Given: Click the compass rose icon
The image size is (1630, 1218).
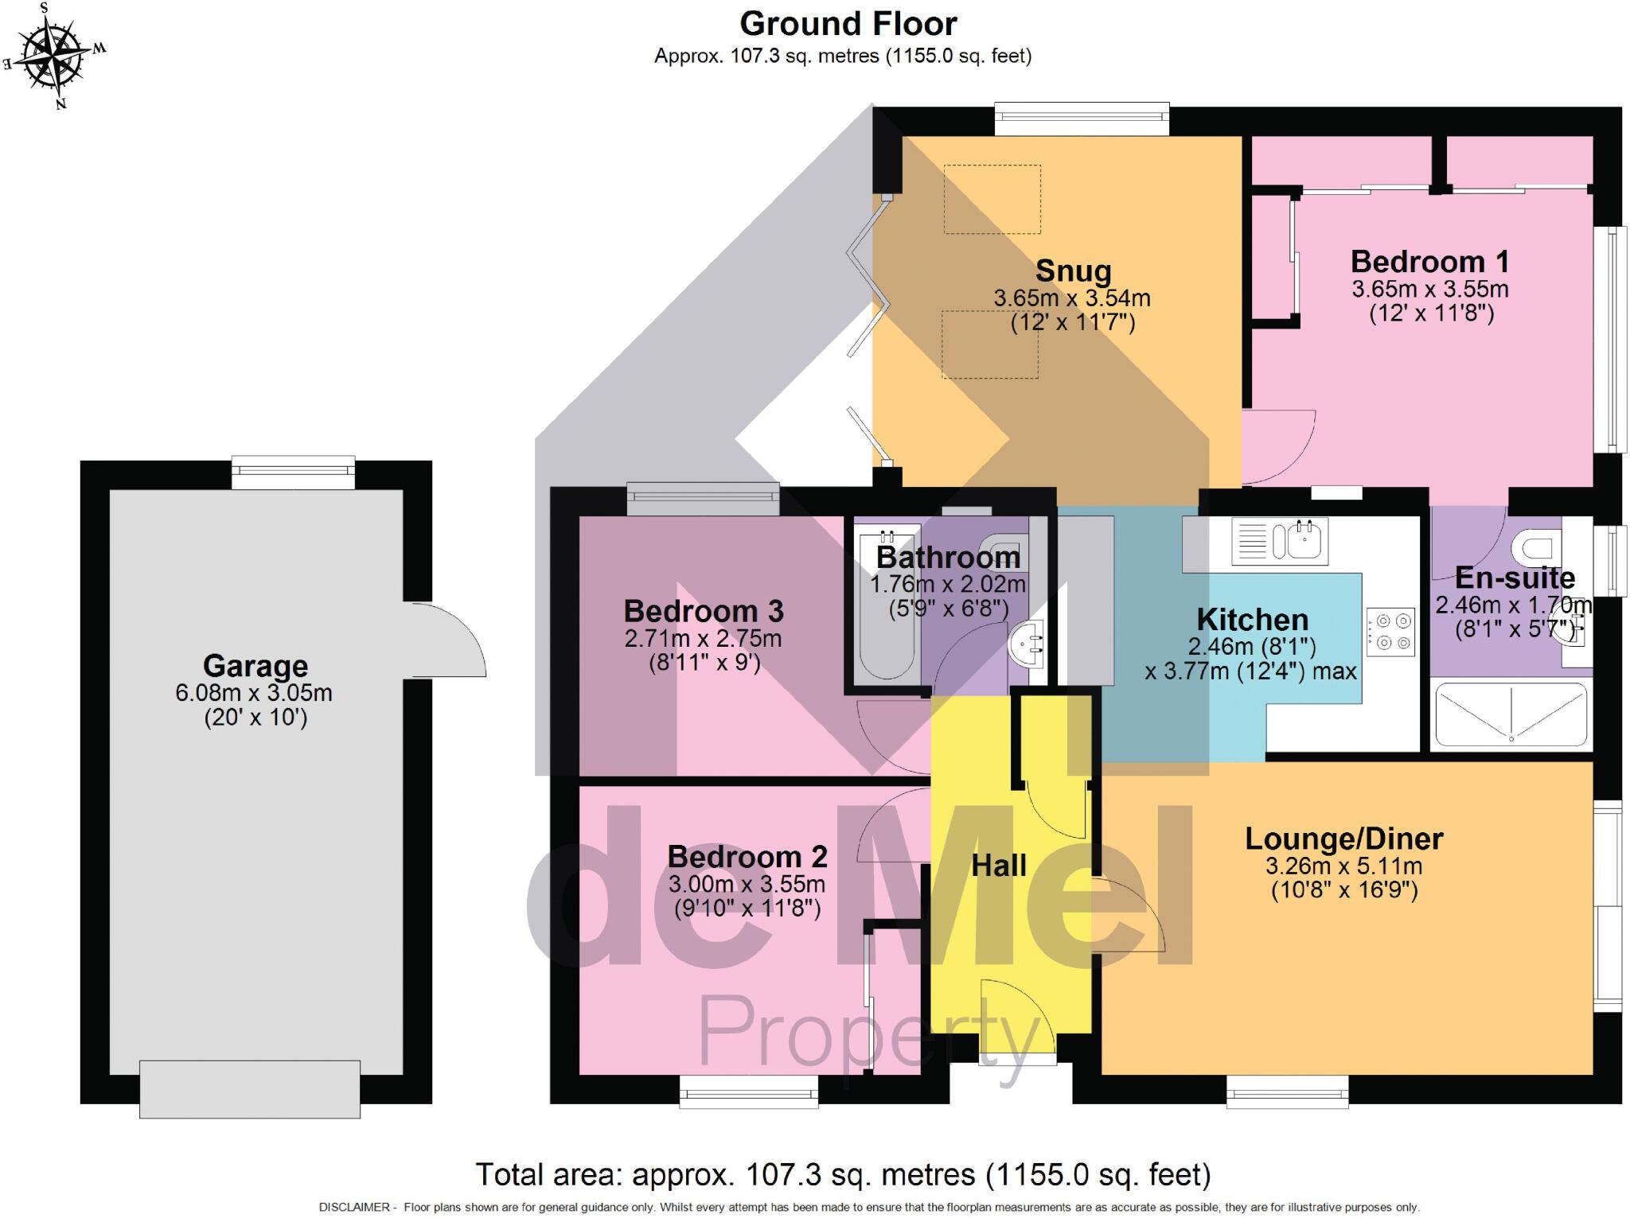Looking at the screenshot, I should pos(54,55).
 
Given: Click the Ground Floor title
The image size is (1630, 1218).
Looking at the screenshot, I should pos(848,24).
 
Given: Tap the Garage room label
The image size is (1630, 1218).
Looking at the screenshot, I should pos(255,665).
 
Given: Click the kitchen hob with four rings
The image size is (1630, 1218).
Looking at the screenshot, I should pos(1391,632).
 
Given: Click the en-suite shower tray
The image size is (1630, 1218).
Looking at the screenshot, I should pos(1511,714).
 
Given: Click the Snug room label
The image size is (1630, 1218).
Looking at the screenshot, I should pos(1072,270).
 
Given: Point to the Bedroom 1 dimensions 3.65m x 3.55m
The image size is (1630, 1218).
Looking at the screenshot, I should pos(1429,289).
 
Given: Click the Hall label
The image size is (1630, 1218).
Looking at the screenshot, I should pos(998,866).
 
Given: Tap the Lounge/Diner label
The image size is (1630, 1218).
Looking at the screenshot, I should pos(1343,839).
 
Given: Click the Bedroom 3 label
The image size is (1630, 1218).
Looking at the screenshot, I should pos(703,611).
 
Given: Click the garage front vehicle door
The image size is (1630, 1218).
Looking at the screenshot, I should pos(250,1088).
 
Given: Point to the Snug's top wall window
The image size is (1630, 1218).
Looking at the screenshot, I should pos(1082,119).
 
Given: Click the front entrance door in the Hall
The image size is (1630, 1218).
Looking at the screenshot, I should pos(1017,1022).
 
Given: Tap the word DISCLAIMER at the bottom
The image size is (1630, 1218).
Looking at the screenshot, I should pos(353,1207).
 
